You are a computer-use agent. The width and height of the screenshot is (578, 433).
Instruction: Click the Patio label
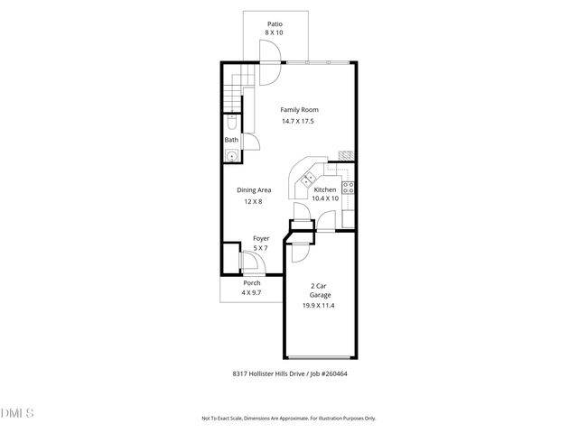click(274, 23)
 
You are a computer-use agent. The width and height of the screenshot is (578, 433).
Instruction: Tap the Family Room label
click(298, 110)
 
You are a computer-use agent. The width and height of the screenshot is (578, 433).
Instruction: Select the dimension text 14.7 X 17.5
click(298, 122)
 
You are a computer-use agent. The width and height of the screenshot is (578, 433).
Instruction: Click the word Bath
click(231, 140)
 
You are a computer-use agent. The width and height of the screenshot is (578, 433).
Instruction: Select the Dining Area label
click(254, 190)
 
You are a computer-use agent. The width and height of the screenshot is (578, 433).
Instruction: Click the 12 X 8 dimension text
click(254, 202)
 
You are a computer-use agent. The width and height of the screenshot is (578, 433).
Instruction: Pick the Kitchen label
click(325, 190)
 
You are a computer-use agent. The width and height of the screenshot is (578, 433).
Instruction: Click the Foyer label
click(260, 239)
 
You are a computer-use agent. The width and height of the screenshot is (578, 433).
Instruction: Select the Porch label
click(251, 283)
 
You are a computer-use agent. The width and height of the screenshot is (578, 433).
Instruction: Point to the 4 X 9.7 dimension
click(251, 294)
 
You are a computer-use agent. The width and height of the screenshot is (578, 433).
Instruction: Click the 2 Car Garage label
click(319, 290)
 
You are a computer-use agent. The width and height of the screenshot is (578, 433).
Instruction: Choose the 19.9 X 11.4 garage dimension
click(319, 306)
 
